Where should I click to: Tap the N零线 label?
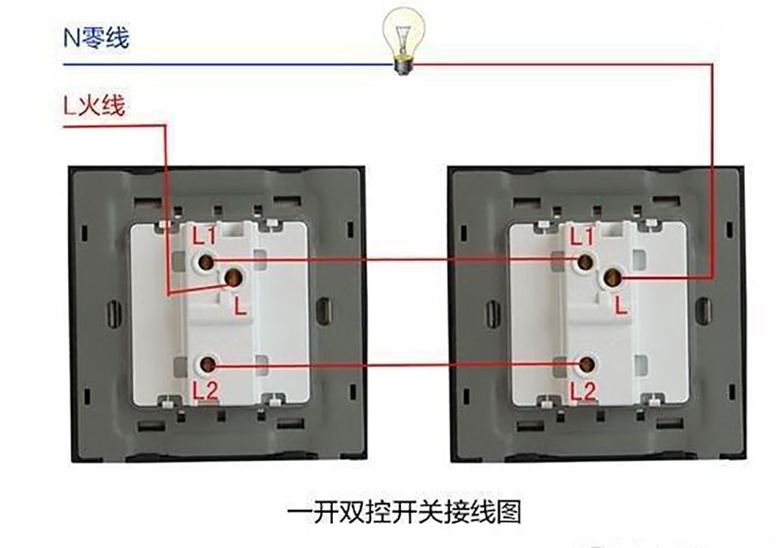point(96,37)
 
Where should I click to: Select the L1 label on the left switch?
point(205,234)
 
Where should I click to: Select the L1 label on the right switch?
point(582,235)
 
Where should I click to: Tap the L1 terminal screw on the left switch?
point(206,260)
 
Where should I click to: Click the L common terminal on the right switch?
point(611,278)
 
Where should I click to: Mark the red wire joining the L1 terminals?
point(395,260)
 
